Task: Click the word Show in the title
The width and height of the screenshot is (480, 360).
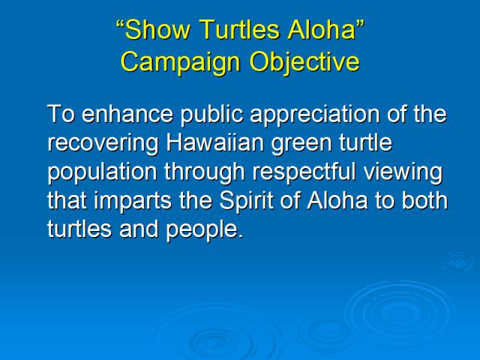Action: coord(157,30)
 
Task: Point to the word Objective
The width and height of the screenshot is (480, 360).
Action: coord(304,62)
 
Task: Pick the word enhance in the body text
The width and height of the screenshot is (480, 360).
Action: coord(127,114)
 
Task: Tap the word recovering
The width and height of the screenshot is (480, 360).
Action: coord(103,144)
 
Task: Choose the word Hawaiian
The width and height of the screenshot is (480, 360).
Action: coord(215,142)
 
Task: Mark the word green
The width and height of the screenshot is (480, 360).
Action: coord(301,144)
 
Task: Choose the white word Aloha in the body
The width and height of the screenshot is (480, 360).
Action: coord(337,200)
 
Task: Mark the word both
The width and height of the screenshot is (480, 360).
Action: coord(424,200)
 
